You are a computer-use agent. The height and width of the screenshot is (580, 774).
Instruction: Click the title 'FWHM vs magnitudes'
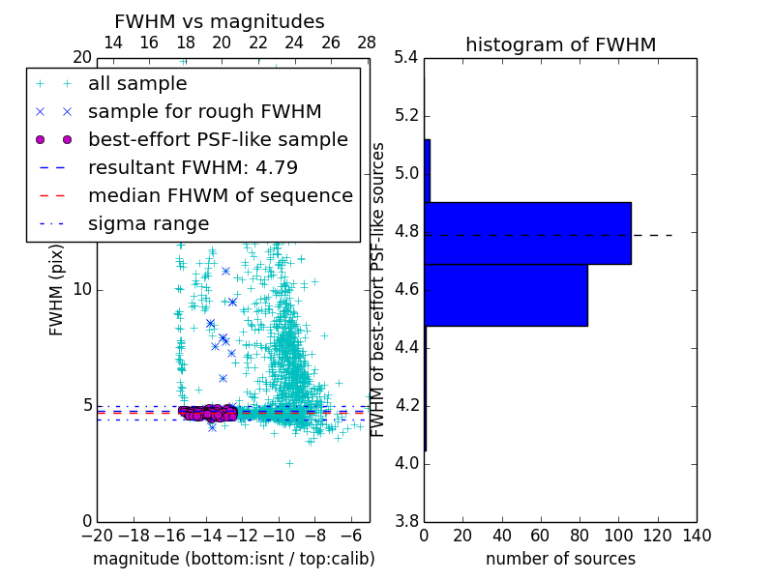point(220,22)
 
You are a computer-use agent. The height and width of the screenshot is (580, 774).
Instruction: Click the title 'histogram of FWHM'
point(560,44)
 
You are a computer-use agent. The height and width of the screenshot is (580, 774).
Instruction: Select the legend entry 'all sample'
point(137,84)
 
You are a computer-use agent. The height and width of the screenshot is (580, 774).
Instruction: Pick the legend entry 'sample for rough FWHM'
point(204,111)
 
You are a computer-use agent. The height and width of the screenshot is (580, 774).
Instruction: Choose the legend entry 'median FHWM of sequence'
point(220,195)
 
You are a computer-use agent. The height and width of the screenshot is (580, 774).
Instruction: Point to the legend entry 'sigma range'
point(148,223)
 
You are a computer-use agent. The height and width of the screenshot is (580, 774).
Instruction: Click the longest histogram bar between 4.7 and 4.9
point(527,233)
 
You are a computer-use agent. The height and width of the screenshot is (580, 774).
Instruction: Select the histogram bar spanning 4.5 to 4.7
point(505,295)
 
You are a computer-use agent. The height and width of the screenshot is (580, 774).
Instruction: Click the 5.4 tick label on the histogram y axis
point(406,58)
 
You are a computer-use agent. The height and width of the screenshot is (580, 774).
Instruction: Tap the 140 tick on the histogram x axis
point(697,536)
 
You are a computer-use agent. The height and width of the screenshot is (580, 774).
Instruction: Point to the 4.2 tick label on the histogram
point(406,405)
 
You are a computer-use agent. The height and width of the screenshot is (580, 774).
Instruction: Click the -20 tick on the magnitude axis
point(97,536)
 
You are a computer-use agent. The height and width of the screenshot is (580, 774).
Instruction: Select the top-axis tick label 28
point(367,43)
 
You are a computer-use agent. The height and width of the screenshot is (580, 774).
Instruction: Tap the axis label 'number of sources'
point(560,559)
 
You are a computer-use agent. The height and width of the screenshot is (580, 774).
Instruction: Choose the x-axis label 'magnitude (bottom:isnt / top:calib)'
point(233,559)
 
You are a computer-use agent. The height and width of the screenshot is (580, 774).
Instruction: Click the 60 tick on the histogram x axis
point(541,536)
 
